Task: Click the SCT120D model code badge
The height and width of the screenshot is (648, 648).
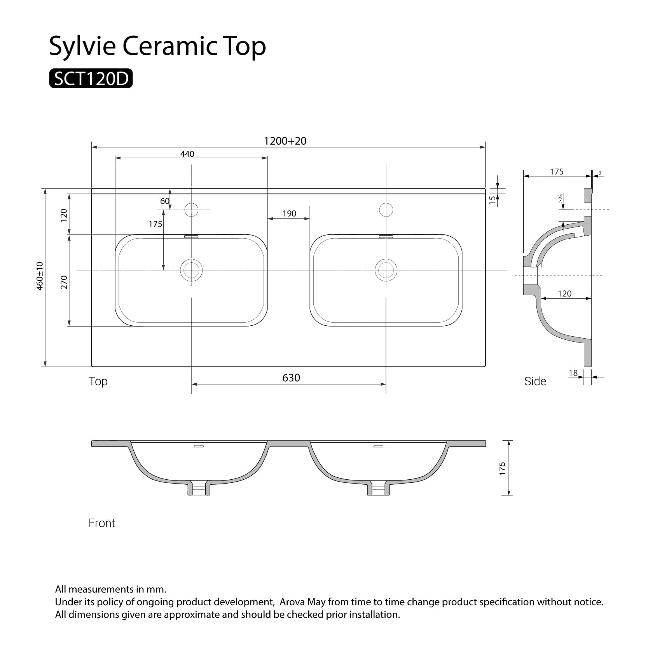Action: coord(91,79)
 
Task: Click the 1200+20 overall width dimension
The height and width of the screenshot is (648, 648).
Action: coord(285,141)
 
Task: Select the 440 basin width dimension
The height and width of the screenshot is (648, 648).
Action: coord(187,154)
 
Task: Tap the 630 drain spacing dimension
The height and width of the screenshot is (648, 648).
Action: coord(291,378)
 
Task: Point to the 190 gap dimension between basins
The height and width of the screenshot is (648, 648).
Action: coord(289,213)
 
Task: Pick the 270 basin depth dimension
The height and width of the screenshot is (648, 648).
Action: coord(64,282)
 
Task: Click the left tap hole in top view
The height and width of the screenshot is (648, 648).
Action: coord(191,210)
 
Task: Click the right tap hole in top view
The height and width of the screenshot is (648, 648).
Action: coord(386,210)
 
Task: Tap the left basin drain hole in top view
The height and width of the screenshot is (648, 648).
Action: coord(191,270)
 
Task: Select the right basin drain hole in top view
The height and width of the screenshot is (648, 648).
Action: coord(386,270)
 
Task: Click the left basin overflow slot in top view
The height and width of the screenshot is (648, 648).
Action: coord(191,236)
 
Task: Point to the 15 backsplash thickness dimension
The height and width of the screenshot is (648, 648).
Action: coord(493,199)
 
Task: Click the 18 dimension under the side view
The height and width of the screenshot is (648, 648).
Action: coord(573,373)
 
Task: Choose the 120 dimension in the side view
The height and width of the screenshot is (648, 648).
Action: coord(564,293)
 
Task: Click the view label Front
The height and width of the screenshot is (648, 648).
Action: coord(102,523)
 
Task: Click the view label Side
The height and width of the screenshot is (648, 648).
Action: coord(535,381)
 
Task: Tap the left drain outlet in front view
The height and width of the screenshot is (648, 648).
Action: coord(199,488)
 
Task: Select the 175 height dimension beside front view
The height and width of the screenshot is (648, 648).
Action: coord(503,468)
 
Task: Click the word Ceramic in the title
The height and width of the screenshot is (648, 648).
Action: coord(171,46)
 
